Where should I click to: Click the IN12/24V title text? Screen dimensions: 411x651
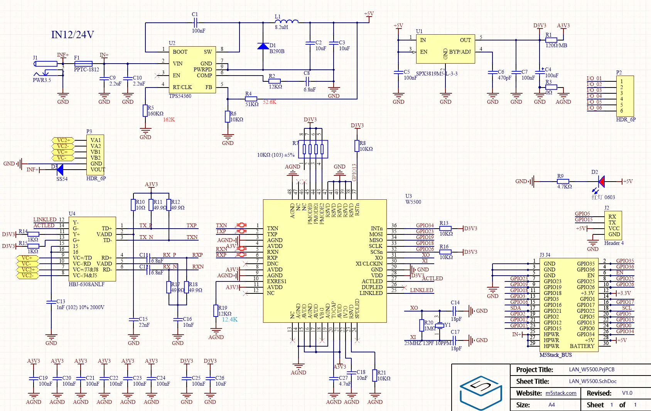pyautogui.click(x=73, y=35)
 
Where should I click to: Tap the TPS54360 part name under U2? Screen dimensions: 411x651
pyautogui.click(x=180, y=96)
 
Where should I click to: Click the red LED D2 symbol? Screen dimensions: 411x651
pyautogui.click(x=601, y=181)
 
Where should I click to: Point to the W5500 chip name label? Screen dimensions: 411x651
pyautogui.click(x=413, y=202)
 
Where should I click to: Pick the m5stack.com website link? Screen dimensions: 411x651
pyautogui.click(x=561, y=393)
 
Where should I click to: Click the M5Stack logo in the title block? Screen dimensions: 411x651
pyautogui.click(x=481, y=392)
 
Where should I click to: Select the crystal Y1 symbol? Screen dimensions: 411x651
pyautogui.click(x=440, y=325)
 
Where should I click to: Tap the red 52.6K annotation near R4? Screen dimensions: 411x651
pyautogui.click(x=270, y=102)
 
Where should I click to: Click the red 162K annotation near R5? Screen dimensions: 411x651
pyautogui.click(x=169, y=120)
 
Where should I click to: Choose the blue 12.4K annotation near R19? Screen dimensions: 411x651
pyautogui.click(x=229, y=320)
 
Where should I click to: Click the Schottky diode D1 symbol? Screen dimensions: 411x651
pyautogui.click(x=263, y=46)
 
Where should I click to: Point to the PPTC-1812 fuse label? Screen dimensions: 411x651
pyautogui.click(x=86, y=70)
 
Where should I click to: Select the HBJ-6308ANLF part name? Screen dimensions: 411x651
pyautogui.click(x=86, y=285)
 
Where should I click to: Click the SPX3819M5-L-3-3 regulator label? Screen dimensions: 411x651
pyautogui.click(x=437, y=74)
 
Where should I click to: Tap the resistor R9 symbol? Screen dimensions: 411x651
pyautogui.click(x=563, y=181)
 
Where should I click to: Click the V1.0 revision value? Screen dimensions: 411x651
pyautogui.click(x=627, y=393)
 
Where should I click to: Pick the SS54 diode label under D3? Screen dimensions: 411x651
pyautogui.click(x=62, y=179)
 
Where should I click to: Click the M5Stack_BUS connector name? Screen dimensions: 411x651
pyautogui.click(x=555, y=355)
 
